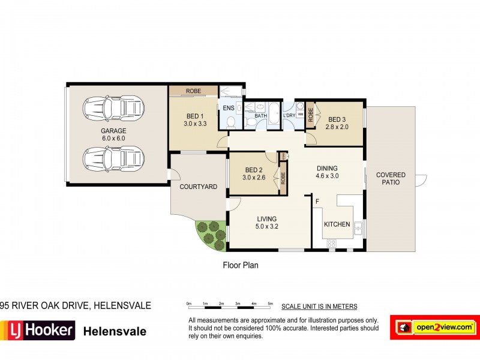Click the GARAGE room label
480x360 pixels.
point(113,131)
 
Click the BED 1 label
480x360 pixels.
point(194,116)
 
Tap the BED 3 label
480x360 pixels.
point(338,119)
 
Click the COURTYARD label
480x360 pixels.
point(199,187)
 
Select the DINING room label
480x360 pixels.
point(327,169)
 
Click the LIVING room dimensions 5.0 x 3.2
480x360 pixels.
point(268,227)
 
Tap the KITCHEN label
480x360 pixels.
point(337,224)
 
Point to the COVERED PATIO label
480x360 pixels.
point(391,179)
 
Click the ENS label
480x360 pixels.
point(229,108)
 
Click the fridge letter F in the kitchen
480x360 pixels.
point(317,202)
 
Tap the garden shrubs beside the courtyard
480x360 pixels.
point(210,236)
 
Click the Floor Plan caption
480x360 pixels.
point(240,265)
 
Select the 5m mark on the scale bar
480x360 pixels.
point(271,305)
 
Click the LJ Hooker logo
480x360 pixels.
point(38,330)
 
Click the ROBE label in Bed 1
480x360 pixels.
point(193,91)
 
